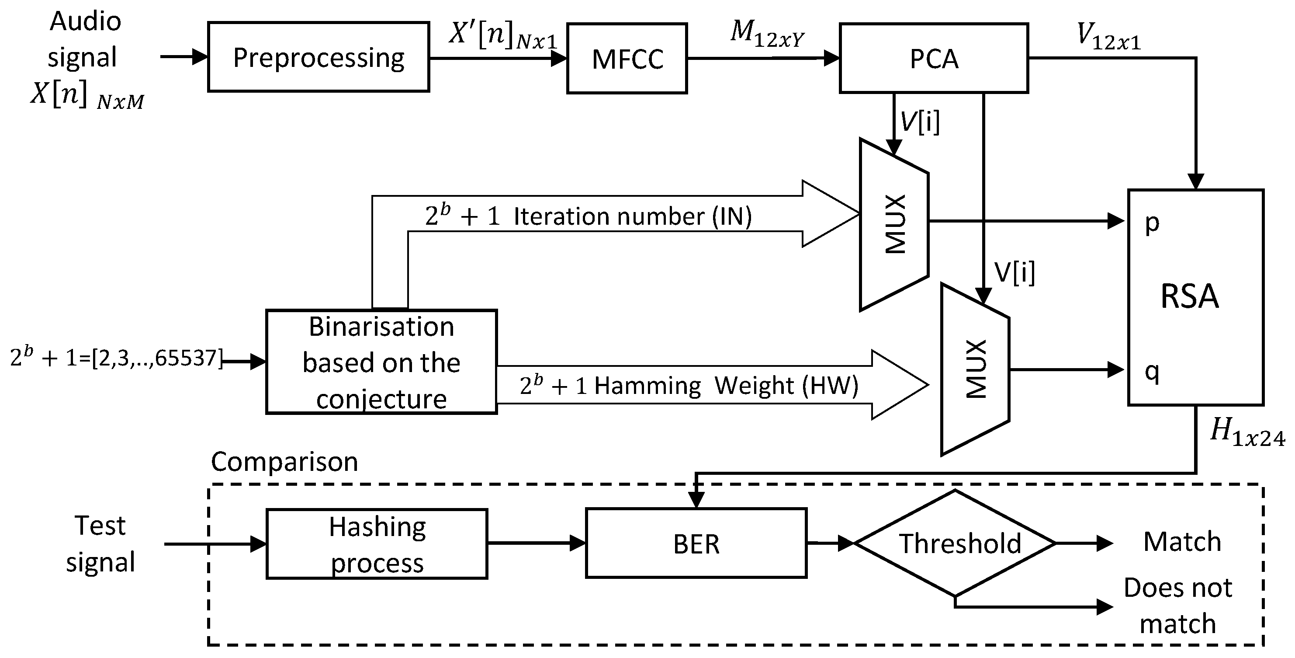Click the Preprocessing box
click(318, 57)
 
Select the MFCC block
click(627, 58)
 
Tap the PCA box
click(934, 58)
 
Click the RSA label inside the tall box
click(1189, 296)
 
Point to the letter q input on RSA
click(1152, 372)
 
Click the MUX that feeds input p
click(894, 224)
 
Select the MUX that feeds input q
click(975, 370)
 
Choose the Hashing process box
click(377, 544)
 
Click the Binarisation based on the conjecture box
click(381, 362)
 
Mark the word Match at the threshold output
click(1182, 542)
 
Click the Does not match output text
click(1177, 605)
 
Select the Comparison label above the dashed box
click(284, 461)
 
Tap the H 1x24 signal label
click(1246, 433)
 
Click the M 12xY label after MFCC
click(767, 34)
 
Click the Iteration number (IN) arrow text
click(632, 217)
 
